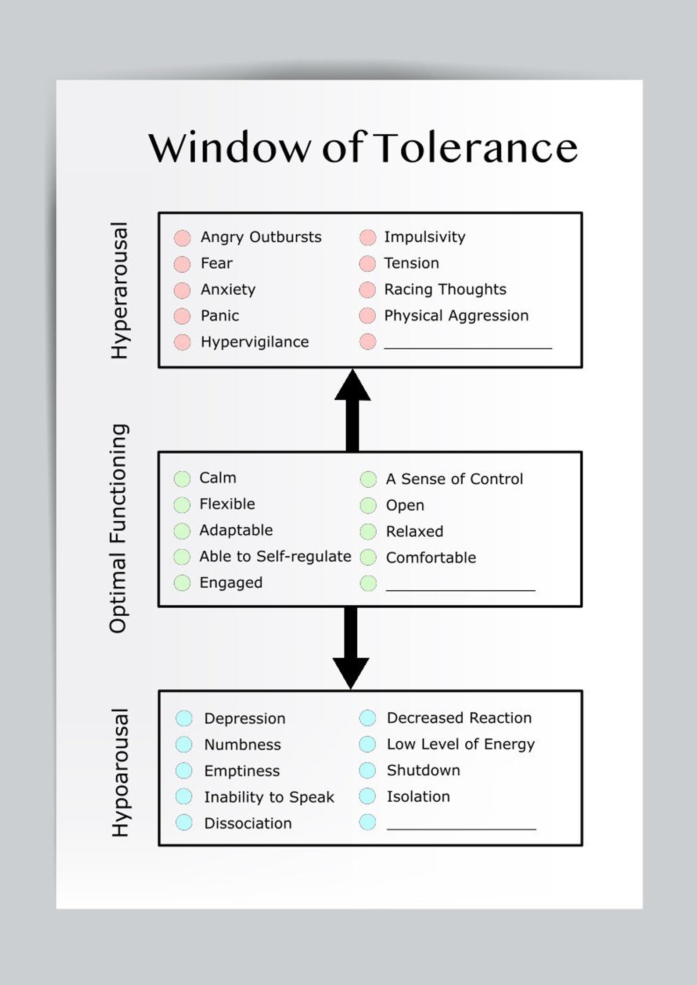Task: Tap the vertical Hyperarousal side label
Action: [x=119, y=291]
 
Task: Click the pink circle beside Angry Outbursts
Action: [x=182, y=238]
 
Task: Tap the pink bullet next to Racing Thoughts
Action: [x=367, y=290]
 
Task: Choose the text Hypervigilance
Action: [x=255, y=342]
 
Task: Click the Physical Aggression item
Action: [x=456, y=316]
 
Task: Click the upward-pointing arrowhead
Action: [x=352, y=386]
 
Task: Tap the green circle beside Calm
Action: [x=182, y=478]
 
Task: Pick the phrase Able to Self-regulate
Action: [x=275, y=557]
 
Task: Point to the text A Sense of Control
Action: [x=454, y=479]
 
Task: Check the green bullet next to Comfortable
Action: [x=368, y=557]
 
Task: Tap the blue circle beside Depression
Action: [x=184, y=718]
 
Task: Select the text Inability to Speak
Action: [x=269, y=797]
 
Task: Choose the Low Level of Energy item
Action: [x=460, y=744]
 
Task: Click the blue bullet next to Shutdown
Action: [x=367, y=771]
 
